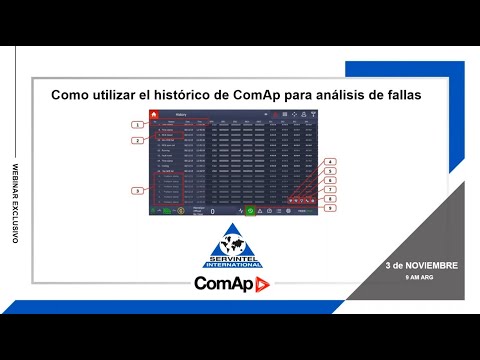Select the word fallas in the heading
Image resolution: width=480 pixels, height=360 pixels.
point(397,93)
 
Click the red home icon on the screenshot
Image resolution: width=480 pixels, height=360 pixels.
point(154,115)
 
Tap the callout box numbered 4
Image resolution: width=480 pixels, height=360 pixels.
point(330,161)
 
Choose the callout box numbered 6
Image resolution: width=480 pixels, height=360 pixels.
point(330,180)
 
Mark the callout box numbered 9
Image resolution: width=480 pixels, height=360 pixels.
point(330,208)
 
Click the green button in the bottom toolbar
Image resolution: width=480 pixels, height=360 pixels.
point(249,211)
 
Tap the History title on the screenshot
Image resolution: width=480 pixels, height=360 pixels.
point(182,115)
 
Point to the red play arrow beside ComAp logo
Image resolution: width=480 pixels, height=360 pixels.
point(263,285)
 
